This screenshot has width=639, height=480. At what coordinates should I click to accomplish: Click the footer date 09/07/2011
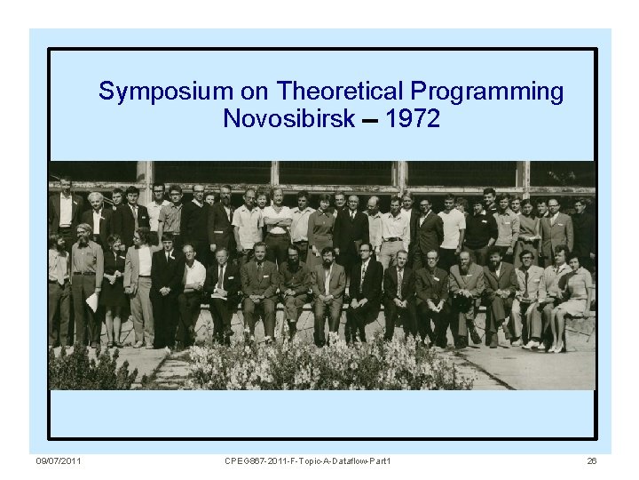pyautogui.click(x=59, y=460)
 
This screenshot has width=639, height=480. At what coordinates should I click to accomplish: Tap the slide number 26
pyautogui.click(x=592, y=460)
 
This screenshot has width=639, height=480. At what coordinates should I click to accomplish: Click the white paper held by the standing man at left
pyautogui.click(x=91, y=303)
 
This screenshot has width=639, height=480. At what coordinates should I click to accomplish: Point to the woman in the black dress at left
pyautogui.click(x=114, y=284)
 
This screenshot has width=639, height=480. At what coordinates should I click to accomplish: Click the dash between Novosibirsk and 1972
pyautogui.click(x=372, y=120)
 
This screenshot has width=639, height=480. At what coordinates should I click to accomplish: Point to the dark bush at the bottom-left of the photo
pyautogui.click(x=84, y=372)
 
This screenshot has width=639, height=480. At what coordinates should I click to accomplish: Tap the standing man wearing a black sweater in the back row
pyautogui.click(x=480, y=227)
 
